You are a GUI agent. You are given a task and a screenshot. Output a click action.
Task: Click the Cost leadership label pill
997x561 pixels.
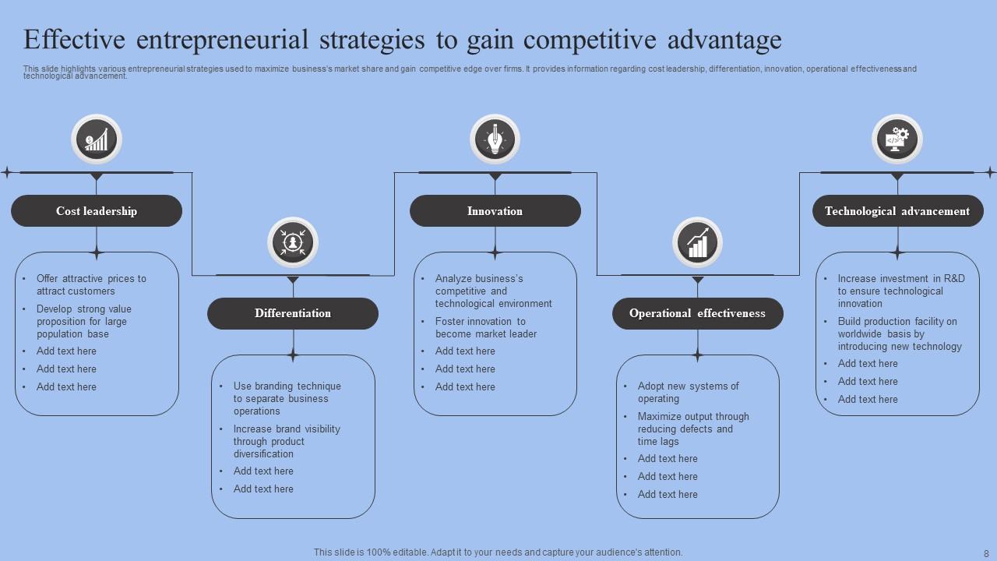[97, 211]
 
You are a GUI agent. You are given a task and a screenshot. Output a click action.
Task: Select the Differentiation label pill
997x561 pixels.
[293, 313]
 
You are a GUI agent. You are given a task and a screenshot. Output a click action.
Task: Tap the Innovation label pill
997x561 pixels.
[495, 211]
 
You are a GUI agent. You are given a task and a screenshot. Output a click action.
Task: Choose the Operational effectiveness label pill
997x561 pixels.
[697, 313]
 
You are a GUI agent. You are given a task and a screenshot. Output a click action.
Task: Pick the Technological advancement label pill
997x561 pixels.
[897, 211]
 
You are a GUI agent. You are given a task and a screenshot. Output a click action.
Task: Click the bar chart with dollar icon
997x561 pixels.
[97, 140]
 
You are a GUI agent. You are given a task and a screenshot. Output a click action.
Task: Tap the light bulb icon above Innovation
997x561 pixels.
[495, 140]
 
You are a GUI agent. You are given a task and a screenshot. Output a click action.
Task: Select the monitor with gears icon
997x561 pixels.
[897, 140]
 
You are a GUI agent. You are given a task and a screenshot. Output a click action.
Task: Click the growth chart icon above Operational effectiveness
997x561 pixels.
[697, 242]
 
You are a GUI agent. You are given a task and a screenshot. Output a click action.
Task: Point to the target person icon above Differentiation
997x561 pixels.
[293, 242]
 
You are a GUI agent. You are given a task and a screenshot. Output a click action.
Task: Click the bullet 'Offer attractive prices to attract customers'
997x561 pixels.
[91, 284]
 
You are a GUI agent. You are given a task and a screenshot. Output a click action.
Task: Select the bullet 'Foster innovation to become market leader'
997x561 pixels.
[485, 327]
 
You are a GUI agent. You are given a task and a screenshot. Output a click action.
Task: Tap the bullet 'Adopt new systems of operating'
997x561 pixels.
[688, 392]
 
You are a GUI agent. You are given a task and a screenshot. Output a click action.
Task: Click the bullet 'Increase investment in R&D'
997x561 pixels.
[900, 291]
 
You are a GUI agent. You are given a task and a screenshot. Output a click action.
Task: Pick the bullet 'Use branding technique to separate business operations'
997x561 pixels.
[287, 398]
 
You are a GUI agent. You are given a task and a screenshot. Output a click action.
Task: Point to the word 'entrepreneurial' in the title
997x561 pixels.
[222, 39]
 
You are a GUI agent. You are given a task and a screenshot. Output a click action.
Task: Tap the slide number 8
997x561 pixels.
[985, 552]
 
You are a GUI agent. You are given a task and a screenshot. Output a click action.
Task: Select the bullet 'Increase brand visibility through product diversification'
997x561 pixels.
[287, 441]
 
